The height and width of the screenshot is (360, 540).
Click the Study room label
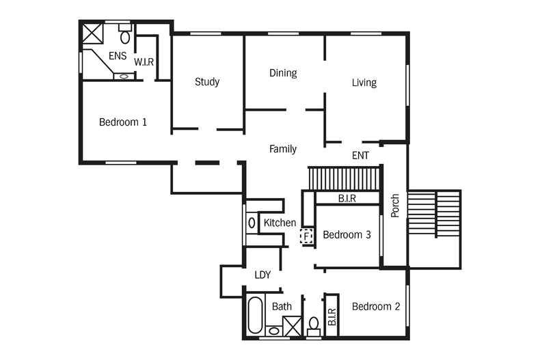pyautogui.click(x=207, y=81)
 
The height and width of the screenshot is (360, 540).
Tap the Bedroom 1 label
pyautogui.click(x=123, y=122)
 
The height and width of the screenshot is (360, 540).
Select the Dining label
pyautogui.click(x=283, y=73)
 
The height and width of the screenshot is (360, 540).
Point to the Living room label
pyautogui.click(x=364, y=83)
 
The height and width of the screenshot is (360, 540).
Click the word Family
pyautogui.click(x=283, y=149)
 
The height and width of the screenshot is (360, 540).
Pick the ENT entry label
pyautogui.click(x=361, y=156)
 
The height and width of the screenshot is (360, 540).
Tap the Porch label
pyautogui.click(x=395, y=206)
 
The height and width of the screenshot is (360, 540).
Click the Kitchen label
pyautogui.click(x=280, y=223)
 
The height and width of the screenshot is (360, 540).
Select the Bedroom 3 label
pyautogui.click(x=347, y=235)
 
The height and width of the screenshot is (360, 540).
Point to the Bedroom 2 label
pyautogui.click(x=376, y=306)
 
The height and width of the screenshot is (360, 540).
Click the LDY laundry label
pyautogui.click(x=262, y=275)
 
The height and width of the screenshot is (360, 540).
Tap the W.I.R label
pyautogui.click(x=144, y=62)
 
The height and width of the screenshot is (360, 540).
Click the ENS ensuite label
pyautogui.click(x=118, y=56)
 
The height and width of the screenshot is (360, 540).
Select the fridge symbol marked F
pyautogui.click(x=306, y=236)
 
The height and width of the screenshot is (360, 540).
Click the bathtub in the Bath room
pyautogui.click(x=255, y=315)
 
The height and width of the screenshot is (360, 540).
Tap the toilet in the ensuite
pyautogui.click(x=125, y=33)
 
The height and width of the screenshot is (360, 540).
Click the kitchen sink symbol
pyautogui.click(x=252, y=223)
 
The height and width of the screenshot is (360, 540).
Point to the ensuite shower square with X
pyautogui.click(x=93, y=33)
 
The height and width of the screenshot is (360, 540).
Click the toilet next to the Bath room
pyautogui.click(x=313, y=327)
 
